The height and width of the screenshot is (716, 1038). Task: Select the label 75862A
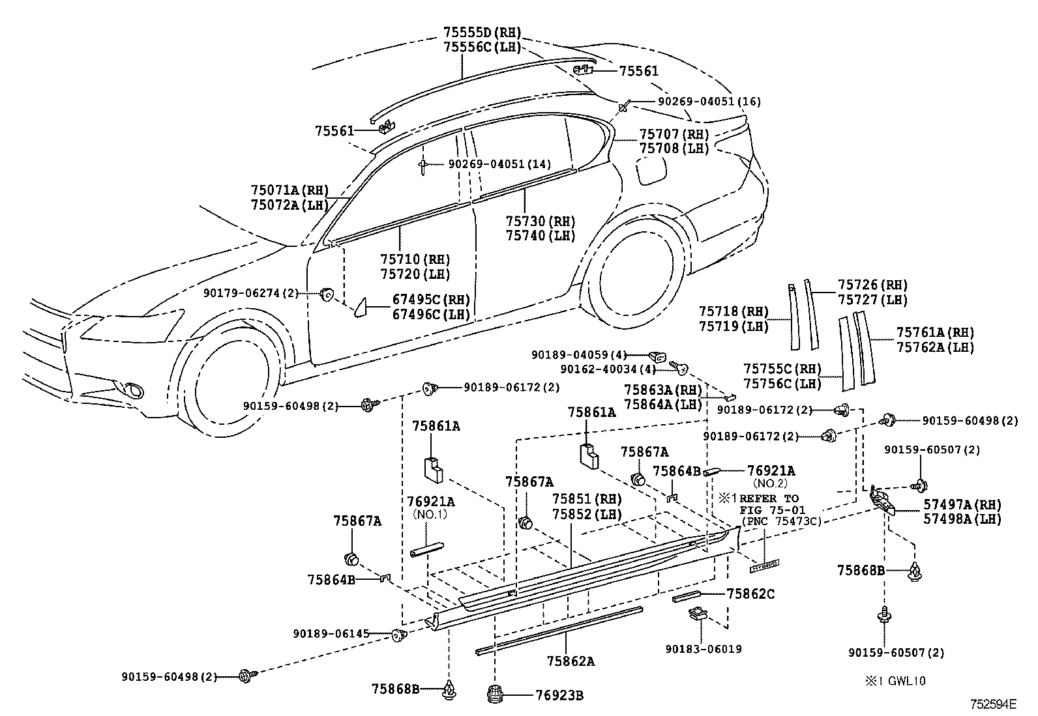pyautogui.click(x=571, y=661)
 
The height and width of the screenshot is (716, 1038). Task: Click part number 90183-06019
pyautogui.click(x=704, y=649)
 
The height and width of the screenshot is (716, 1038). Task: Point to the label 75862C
pyautogui.click(x=750, y=594)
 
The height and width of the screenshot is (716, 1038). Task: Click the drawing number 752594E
pyautogui.click(x=993, y=704)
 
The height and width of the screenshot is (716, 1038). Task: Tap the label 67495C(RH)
pyautogui.click(x=431, y=300)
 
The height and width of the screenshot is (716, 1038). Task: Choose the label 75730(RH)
pyautogui.click(x=541, y=221)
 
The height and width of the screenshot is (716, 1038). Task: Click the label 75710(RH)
pyautogui.click(x=415, y=259)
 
